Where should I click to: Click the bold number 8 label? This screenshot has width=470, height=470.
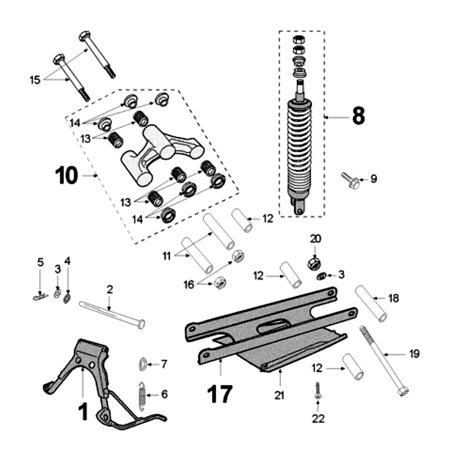tap(358, 116)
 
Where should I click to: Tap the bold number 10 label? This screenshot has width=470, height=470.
tap(66, 175)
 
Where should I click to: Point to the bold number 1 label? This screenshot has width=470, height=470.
tap(83, 411)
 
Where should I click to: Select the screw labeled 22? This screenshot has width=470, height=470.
tap(317, 391)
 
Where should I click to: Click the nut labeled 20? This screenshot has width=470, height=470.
tap(314, 262)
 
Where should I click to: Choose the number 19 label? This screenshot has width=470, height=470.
tap(415, 354)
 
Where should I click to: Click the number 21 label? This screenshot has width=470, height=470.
tap(279, 396)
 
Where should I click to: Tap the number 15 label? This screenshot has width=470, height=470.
tap(35, 79)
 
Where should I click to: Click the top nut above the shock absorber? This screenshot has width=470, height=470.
tap(298, 40)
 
